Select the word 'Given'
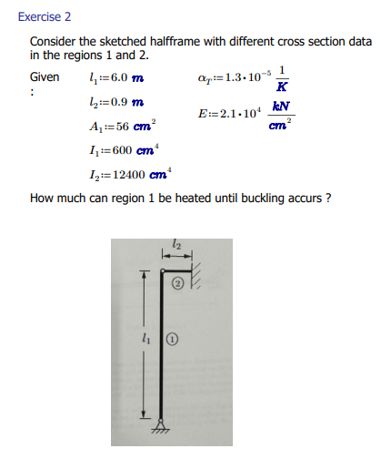point(45,76)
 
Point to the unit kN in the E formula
point(288,106)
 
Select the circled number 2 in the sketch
point(178,285)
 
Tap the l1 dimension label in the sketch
point(145,336)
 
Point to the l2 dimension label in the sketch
point(176,243)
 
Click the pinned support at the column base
point(163,424)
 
